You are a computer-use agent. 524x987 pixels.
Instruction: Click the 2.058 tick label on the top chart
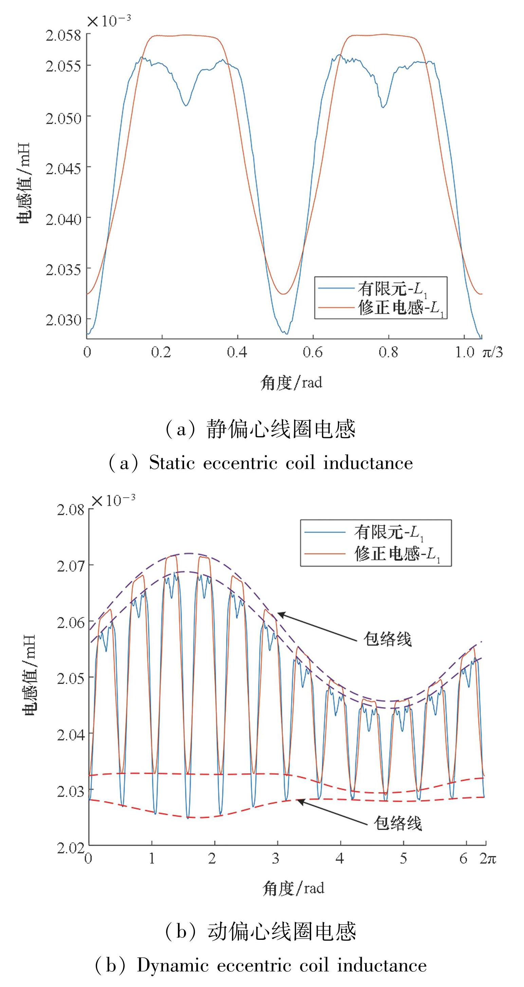[x=63, y=35]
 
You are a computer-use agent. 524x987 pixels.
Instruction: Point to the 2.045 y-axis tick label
[x=63, y=168]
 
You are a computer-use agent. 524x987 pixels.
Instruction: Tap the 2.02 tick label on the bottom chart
[x=71, y=848]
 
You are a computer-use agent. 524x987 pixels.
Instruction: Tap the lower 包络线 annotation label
[x=398, y=823]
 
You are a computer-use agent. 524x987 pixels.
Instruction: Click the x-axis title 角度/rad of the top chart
[x=291, y=382]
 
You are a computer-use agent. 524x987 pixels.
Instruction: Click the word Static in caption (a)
[x=175, y=463]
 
